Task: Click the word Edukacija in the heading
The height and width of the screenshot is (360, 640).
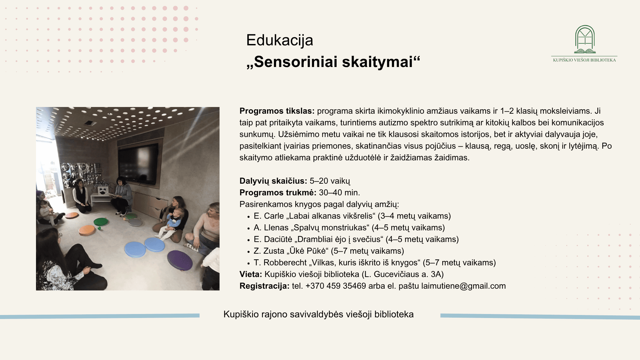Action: pyautogui.click(x=279, y=40)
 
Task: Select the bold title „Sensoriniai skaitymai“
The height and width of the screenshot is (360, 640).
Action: pyautogui.click(x=333, y=62)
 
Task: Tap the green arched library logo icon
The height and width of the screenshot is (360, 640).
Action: pyautogui.click(x=585, y=39)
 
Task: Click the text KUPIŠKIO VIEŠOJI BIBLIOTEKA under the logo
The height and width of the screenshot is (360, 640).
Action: pyautogui.click(x=584, y=60)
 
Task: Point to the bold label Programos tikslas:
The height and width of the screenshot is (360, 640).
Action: pyautogui.click(x=277, y=111)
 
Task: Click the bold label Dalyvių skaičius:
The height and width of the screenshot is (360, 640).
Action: pyautogui.click(x=273, y=181)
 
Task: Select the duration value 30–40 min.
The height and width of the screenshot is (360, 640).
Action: pyautogui.click(x=339, y=193)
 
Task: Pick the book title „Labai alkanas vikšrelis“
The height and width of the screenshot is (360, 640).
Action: pyautogui.click(x=331, y=216)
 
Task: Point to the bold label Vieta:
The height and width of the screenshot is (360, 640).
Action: pyautogui.click(x=251, y=274)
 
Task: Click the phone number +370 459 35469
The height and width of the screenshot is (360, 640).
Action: pyautogui.click(x=336, y=286)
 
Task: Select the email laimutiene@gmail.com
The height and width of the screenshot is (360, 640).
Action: pyautogui.click(x=463, y=286)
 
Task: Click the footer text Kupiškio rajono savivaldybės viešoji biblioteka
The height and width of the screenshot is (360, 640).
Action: pyautogui.click(x=318, y=314)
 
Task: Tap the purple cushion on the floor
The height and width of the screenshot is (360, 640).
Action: pyautogui.click(x=180, y=260)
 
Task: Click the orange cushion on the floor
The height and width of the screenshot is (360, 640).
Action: pyautogui.click(x=87, y=230)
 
